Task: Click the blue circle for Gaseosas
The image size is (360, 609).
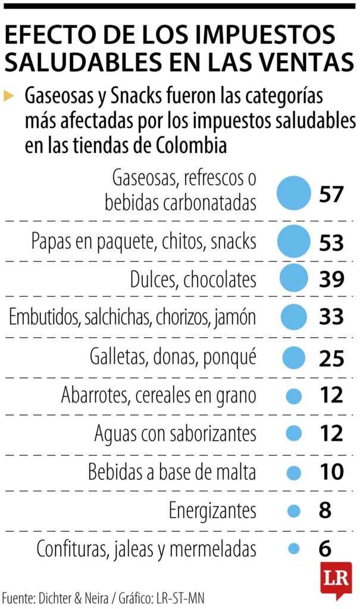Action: [294, 194]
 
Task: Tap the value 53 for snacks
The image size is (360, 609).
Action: [331, 243]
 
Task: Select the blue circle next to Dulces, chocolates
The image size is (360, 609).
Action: [293, 278]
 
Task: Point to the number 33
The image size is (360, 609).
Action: [331, 316]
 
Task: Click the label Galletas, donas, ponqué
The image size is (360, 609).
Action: [173, 357]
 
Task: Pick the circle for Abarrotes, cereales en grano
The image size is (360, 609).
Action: [293, 395]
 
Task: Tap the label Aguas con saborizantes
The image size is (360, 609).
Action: [175, 433]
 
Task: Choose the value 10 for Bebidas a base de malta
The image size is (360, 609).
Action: [331, 472]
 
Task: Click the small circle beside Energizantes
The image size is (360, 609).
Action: [293, 510]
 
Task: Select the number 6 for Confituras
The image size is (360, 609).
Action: [325, 548]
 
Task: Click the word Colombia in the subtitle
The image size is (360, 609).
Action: [192, 145]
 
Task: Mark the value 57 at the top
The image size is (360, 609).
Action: [331, 194]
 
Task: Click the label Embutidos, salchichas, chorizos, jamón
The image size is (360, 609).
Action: [132, 317]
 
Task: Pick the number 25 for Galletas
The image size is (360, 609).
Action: [331, 358]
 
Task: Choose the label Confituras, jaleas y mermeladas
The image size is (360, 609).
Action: [146, 548]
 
